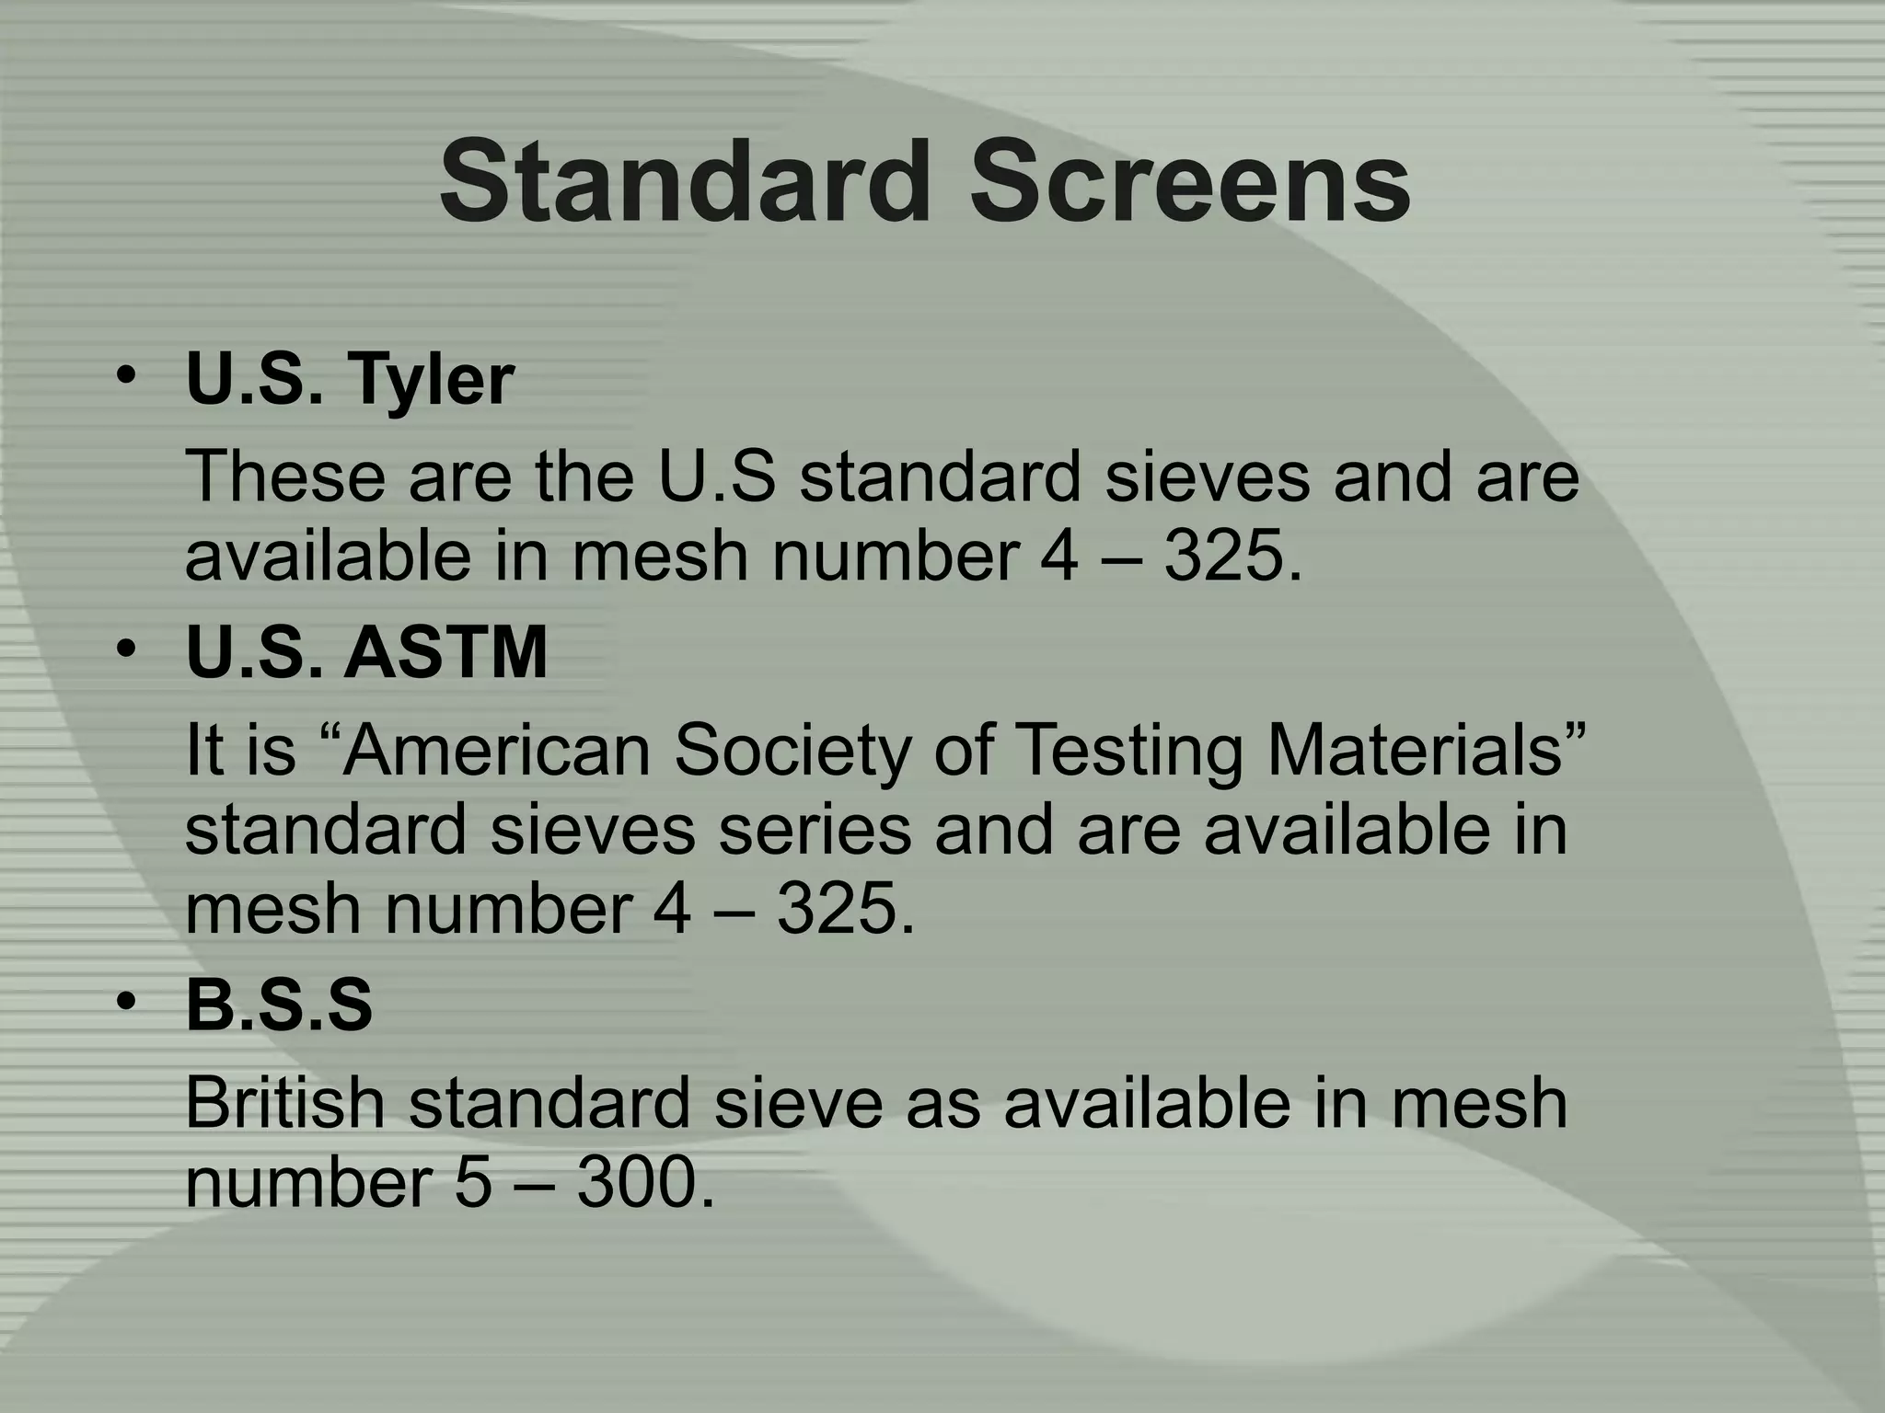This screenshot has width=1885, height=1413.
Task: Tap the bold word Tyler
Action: [429, 380]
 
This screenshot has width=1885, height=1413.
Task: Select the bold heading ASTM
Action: [445, 652]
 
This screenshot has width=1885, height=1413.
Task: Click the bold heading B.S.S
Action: [279, 1005]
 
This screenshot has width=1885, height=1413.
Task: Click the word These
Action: [285, 477]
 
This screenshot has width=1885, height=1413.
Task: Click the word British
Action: [284, 1103]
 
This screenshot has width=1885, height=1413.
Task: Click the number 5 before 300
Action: [473, 1183]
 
